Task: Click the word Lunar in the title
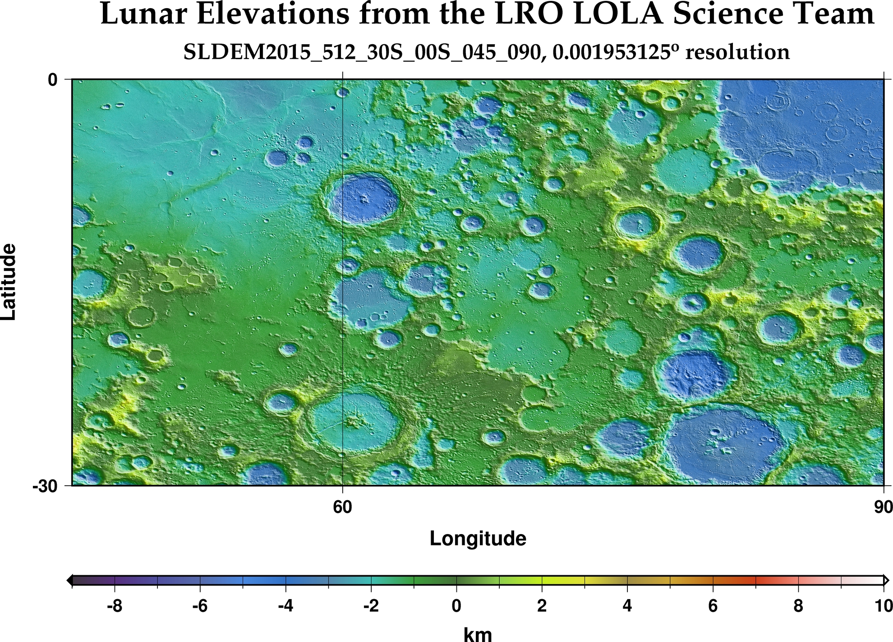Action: (x=143, y=14)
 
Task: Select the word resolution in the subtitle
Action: (x=737, y=52)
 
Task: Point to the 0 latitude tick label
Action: (x=53, y=80)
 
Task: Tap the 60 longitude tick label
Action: (x=343, y=507)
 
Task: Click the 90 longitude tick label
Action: (x=883, y=507)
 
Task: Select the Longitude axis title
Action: (x=478, y=539)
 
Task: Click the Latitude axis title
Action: (x=9, y=282)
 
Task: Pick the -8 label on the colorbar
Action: (x=115, y=606)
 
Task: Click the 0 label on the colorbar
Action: (x=456, y=606)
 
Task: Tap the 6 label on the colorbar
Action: (x=713, y=606)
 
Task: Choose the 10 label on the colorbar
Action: (x=883, y=606)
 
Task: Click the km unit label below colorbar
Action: (x=478, y=634)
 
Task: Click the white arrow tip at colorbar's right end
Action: (x=887, y=581)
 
